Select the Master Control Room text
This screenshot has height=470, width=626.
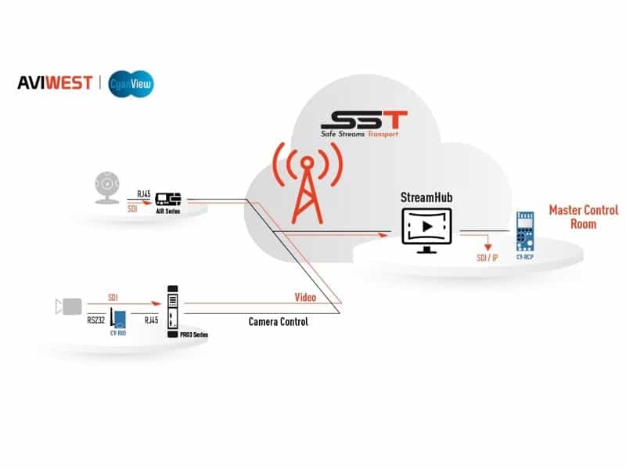[x=583, y=217]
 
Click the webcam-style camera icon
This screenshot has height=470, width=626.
[x=106, y=188]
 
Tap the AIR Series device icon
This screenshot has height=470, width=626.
[x=168, y=200]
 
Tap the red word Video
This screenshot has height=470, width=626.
[x=304, y=298]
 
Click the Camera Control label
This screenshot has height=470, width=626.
[x=278, y=322]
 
